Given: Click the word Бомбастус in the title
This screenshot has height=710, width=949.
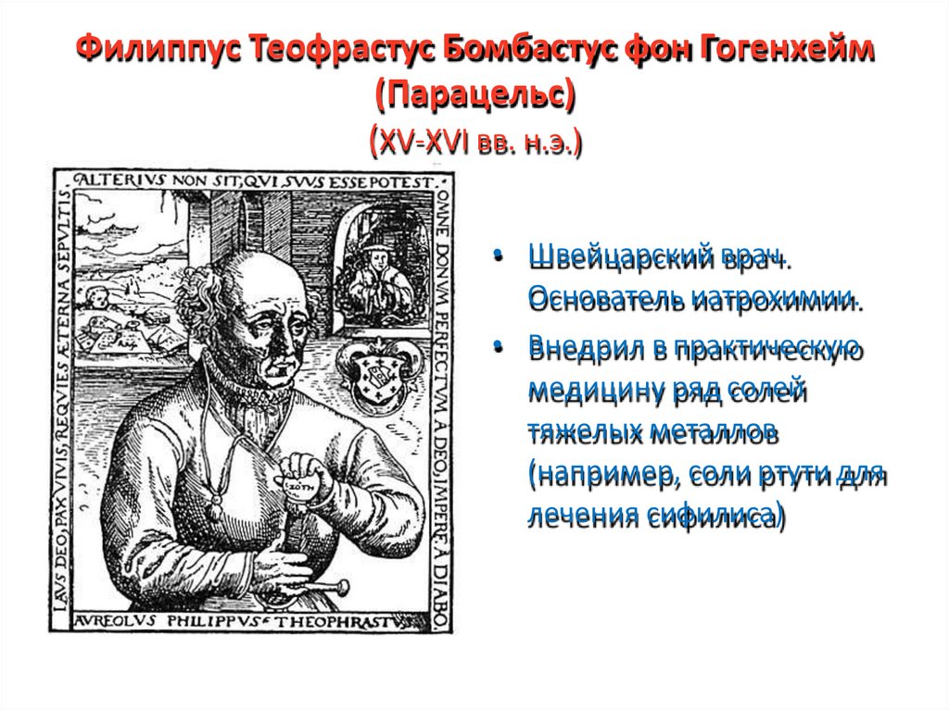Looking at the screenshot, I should tap(516, 51).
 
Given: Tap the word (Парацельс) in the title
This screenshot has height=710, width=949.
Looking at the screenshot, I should tap(474, 96).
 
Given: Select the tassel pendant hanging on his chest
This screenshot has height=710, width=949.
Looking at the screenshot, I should tap(216, 504).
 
